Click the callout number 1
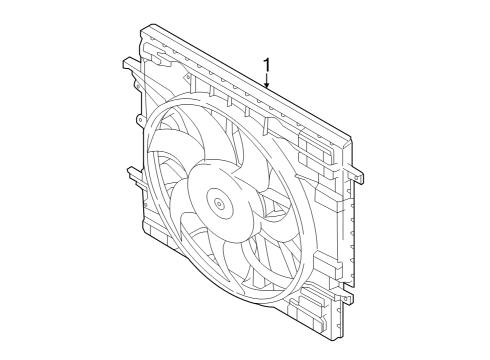267,68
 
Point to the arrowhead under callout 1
267,91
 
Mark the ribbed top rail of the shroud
240,80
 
